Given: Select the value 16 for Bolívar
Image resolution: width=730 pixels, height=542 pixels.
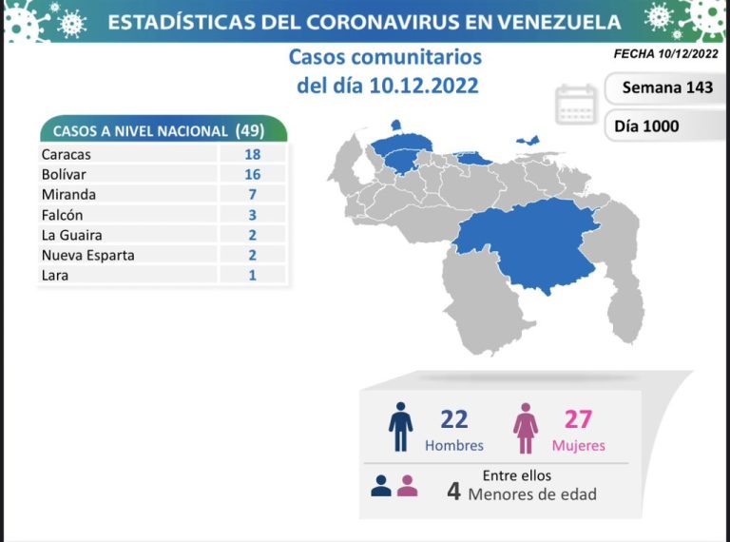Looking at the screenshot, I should tap(252, 174).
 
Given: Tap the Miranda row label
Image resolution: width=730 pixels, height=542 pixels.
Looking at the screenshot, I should tap(68, 194).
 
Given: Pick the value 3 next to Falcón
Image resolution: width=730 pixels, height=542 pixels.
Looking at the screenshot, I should tap(252, 215).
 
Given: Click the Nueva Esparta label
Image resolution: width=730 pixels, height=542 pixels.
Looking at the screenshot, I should tap(87, 255).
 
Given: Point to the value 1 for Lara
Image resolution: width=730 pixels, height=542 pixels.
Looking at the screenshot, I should tap(252, 275).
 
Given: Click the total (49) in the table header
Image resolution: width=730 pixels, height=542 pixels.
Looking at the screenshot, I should tap(249, 130).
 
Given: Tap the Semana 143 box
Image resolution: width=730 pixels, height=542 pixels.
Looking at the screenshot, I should tap(666, 87).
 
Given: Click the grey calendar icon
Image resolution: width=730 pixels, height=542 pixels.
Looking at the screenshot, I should tap(576, 106).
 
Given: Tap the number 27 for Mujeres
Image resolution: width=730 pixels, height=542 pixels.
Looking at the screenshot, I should tap(578, 419).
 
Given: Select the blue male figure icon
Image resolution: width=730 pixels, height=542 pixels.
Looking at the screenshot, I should tap(401, 428).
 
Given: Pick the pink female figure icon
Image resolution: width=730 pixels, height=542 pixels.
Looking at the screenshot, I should tap(526, 429).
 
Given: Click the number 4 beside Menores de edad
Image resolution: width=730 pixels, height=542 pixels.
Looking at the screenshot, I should tap(455, 492).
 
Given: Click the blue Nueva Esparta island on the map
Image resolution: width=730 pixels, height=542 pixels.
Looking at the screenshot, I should tap(528, 141).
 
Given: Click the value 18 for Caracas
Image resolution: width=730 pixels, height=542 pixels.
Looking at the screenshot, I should tap(252, 153).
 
